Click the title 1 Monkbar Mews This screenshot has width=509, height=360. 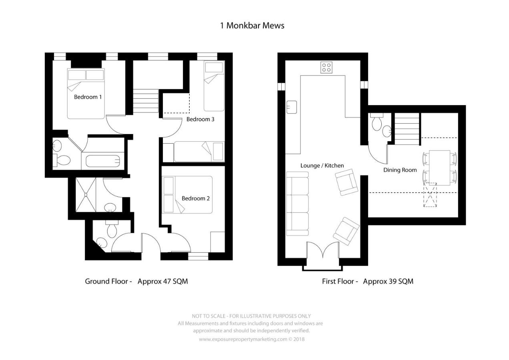[252, 26]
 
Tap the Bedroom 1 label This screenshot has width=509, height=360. [88, 97]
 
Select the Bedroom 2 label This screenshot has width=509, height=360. [196, 198]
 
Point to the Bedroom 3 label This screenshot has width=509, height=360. [200, 119]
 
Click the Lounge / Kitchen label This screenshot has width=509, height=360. [322, 166]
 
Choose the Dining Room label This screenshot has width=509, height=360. [400, 170]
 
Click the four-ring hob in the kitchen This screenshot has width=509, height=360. [326, 68]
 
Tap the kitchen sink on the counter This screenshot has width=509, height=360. [292, 107]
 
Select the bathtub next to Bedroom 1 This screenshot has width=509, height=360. [103, 161]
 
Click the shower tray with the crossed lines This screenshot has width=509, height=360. [86, 195]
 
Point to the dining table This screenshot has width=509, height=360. [439, 168]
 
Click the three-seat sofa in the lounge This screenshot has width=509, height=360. [297, 204]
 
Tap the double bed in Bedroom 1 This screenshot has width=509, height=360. [86, 94]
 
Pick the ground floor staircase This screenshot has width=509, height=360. [145, 101]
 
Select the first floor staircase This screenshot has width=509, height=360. [407, 129]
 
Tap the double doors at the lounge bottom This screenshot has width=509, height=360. [323, 250]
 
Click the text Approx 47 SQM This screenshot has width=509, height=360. [163, 282]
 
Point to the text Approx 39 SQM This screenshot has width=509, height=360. [388, 282]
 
